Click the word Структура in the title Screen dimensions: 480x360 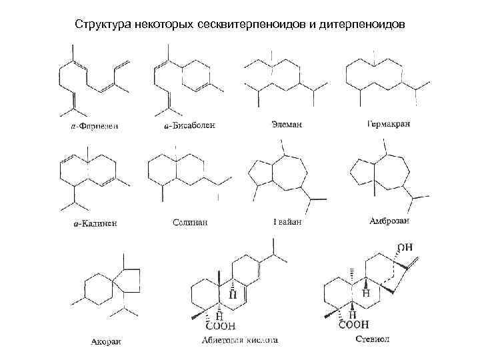102,25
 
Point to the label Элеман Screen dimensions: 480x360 285,124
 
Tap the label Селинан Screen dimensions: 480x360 189,222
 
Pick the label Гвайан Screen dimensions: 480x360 287,221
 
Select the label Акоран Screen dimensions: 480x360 107,343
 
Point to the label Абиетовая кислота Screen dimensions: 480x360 239,341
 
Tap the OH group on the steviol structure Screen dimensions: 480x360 406,247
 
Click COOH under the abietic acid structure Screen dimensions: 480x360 220,326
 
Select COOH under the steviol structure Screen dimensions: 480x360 354,325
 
